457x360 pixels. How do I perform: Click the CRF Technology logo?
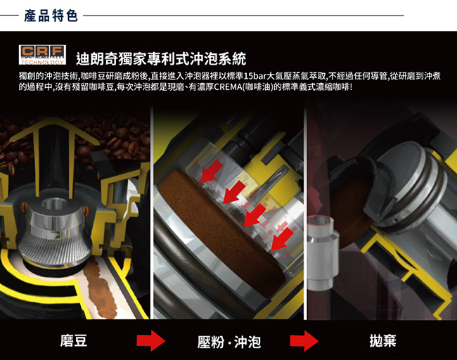click(42, 55)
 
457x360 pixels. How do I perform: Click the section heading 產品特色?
click(51, 15)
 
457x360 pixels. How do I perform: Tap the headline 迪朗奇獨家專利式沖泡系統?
click(161, 59)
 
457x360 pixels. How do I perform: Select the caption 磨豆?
click(74, 341)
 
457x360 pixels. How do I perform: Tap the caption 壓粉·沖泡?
click(229, 342)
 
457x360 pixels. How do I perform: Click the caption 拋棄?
click(382, 340)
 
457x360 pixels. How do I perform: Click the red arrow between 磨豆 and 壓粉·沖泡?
click(150, 341)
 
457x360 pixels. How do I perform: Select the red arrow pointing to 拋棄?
click(304, 341)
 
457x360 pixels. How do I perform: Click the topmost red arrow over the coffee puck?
click(212, 172)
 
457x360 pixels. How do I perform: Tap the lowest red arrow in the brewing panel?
click(282, 239)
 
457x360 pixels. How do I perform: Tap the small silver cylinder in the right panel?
click(323, 253)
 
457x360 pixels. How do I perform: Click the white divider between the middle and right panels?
click(305, 213)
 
